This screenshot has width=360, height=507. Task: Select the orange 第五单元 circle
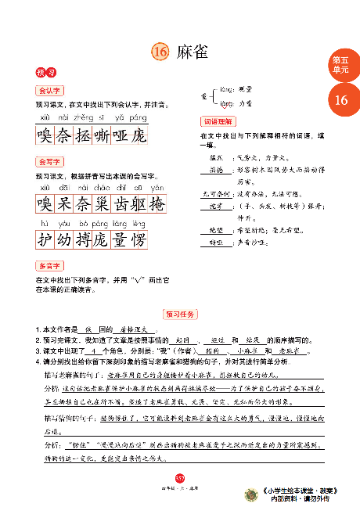coord(341,66)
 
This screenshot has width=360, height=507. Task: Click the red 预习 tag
coord(45,72)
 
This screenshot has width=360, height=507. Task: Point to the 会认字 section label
coord(49,90)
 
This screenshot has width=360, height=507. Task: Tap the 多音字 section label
coord(49,266)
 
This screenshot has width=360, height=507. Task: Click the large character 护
coord(45,240)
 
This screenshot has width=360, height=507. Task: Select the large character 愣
coord(139,240)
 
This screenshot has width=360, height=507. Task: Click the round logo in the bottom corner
coord(252,494)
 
